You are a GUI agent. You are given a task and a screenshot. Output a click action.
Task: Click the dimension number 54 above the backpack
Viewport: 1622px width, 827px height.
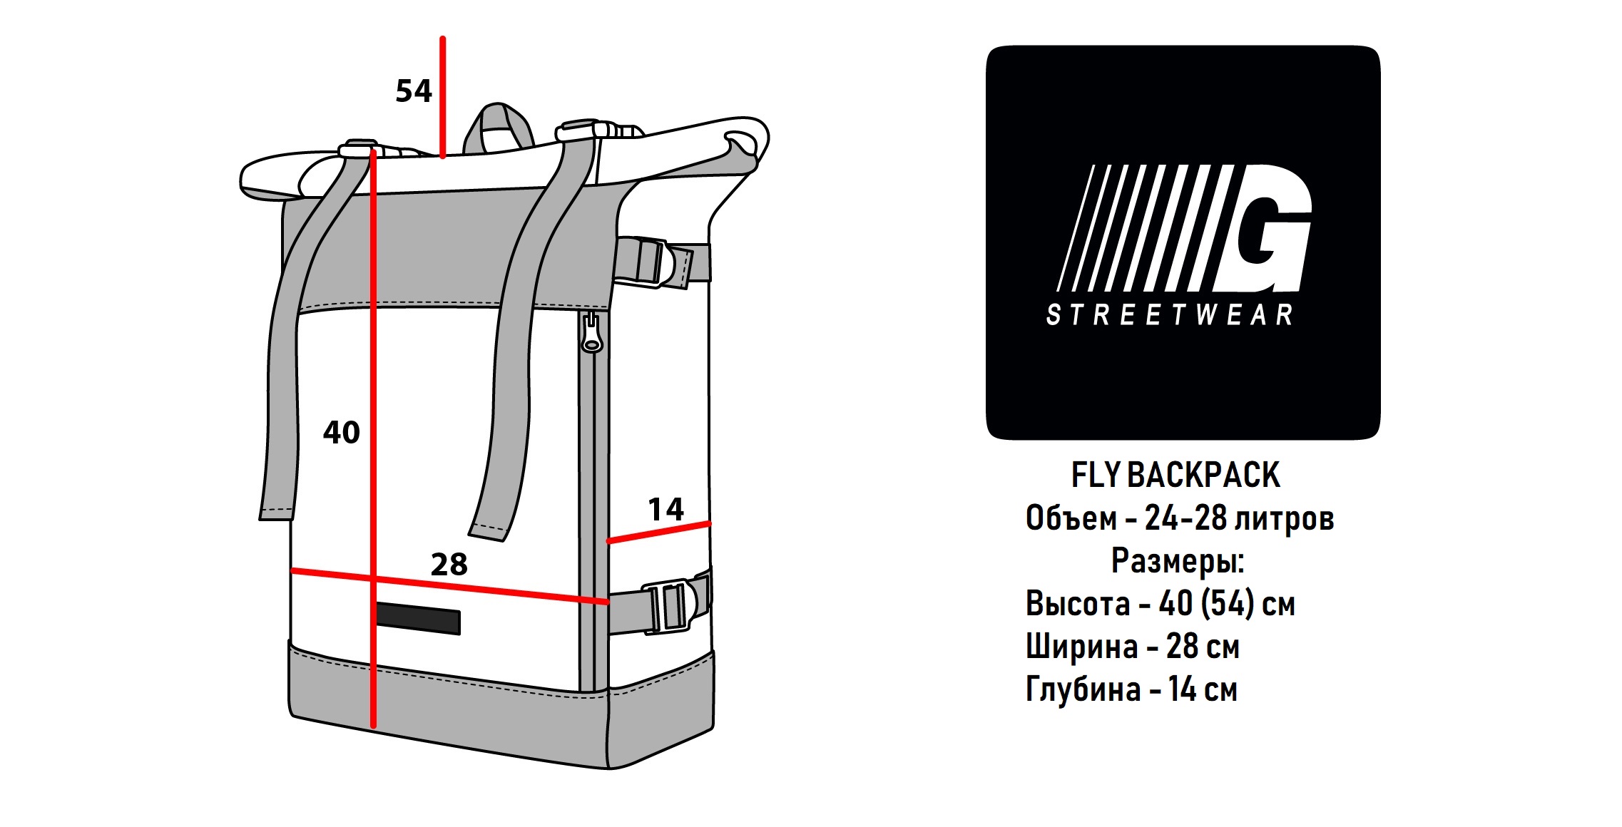(x=414, y=91)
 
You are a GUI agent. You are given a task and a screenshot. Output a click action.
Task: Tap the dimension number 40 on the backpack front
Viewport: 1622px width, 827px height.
(x=342, y=432)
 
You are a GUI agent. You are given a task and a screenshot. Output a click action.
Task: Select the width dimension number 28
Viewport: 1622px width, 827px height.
(x=449, y=564)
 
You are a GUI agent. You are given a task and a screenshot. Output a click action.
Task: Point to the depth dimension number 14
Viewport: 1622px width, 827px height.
(x=665, y=509)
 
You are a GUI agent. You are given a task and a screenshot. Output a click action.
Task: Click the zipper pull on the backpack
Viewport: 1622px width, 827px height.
(x=591, y=333)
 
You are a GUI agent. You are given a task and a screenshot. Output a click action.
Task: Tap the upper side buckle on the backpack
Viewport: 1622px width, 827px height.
(x=653, y=263)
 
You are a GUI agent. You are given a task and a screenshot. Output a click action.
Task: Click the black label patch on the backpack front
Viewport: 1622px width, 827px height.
(x=417, y=617)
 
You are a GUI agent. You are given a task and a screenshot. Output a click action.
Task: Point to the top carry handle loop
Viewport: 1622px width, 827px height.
(x=499, y=128)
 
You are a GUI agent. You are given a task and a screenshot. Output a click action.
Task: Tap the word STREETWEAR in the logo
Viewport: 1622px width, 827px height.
(x=1170, y=314)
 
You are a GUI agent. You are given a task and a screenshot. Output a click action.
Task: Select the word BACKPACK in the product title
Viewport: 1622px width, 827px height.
(x=1203, y=476)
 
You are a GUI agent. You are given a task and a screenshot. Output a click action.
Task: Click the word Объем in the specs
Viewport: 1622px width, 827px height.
(x=1071, y=518)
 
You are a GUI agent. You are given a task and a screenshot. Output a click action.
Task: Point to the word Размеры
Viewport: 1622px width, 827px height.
(x=1178, y=561)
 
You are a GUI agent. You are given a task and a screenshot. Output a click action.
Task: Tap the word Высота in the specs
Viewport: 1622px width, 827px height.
(x=1078, y=604)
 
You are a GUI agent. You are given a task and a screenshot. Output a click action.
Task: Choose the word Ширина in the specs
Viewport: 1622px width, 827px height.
(x=1081, y=647)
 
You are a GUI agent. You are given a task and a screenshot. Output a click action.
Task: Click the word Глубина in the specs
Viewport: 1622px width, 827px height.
(x=1083, y=689)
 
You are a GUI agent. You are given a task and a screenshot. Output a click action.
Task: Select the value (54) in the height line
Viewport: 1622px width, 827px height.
(x=1228, y=604)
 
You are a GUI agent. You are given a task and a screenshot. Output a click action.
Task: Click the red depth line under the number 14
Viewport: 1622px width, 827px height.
(x=659, y=533)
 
